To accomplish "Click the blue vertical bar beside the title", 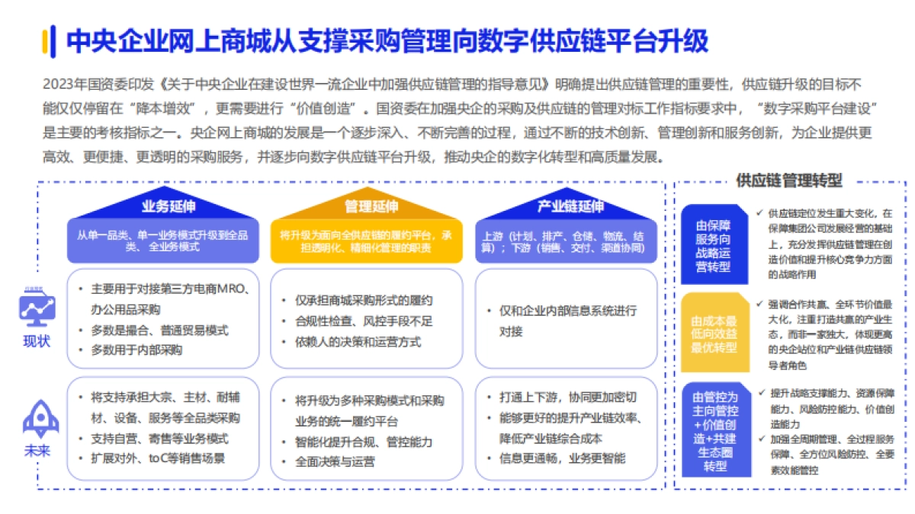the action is [47, 41].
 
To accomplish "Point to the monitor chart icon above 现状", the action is [36, 307].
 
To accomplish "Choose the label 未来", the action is [37, 451].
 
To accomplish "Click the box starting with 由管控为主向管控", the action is [714, 429].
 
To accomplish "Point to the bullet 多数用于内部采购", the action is [136, 350].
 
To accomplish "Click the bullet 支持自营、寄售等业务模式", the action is [159, 439].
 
